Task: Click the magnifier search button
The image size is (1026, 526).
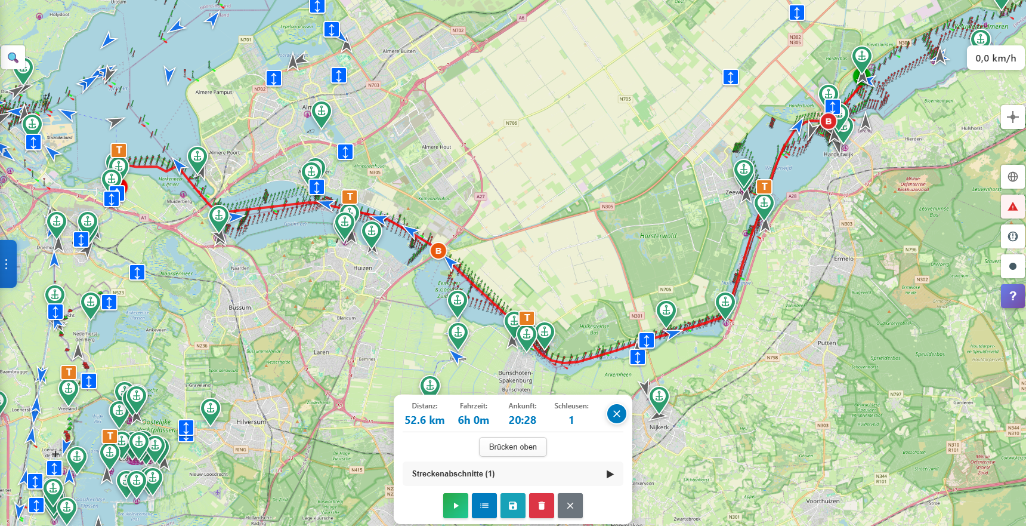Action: tap(13, 58)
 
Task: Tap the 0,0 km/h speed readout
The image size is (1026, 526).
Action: tap(995, 58)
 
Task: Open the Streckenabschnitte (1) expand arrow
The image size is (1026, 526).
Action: tap(610, 474)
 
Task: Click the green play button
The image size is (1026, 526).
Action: tap(456, 506)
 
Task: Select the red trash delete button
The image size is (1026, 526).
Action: tap(542, 506)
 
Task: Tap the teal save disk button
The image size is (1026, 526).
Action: tap(513, 506)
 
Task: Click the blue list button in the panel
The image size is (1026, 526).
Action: tap(484, 506)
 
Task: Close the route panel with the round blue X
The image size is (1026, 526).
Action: tap(616, 413)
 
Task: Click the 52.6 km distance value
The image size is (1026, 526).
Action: tap(425, 420)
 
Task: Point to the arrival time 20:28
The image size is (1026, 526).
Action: tap(522, 420)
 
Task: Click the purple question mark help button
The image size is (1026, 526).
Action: tap(1012, 296)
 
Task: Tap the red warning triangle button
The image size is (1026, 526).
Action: tap(1012, 207)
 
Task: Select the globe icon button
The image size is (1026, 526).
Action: tap(1012, 177)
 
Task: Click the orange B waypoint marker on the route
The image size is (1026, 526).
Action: tap(438, 251)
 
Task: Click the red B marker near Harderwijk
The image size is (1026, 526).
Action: tap(828, 121)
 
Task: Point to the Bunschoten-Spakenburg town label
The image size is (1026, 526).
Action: tap(515, 377)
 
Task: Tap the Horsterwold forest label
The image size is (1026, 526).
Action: tap(658, 236)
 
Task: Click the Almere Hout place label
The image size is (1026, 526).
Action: tap(436, 147)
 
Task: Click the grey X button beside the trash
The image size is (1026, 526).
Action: tap(570, 506)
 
